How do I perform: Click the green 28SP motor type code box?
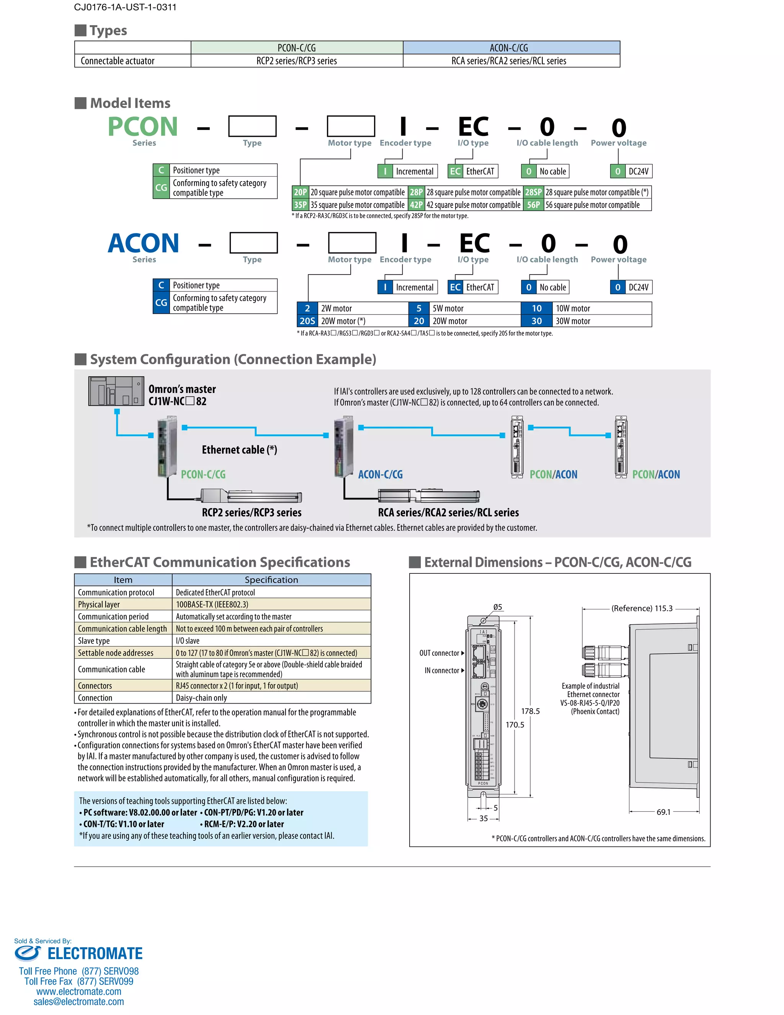pos(533,192)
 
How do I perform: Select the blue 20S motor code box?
pos(307,321)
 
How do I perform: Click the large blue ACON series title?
pos(143,243)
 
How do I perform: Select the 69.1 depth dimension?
pos(663,812)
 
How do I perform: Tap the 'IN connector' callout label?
pos(442,670)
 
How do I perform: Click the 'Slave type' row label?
pos(94,640)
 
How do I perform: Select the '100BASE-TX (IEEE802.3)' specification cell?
pos(212,604)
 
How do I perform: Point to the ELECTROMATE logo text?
pos(95,953)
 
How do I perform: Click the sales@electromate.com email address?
pos(78,1002)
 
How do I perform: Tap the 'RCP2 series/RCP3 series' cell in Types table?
pos(296,61)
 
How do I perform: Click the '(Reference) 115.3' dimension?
pos(642,608)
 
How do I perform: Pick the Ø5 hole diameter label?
pos(497,607)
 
